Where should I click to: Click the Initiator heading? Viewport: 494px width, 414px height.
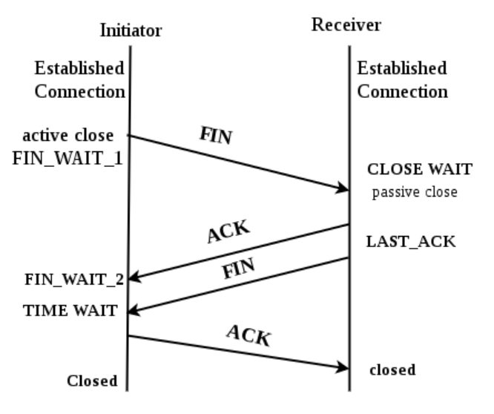click(x=131, y=30)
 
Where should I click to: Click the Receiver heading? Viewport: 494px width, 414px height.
click(x=346, y=24)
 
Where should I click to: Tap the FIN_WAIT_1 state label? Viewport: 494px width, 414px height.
click(x=67, y=159)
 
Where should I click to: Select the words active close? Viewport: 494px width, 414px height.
click(x=68, y=136)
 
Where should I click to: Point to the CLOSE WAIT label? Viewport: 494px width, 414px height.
click(x=420, y=169)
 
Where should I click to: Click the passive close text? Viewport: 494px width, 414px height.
click(x=415, y=192)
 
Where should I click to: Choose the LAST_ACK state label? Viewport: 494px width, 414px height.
click(x=411, y=242)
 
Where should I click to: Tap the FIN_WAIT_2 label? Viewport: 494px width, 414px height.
click(x=74, y=280)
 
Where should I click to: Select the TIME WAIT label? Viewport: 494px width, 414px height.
click(x=70, y=311)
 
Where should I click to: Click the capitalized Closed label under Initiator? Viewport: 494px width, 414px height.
click(x=92, y=381)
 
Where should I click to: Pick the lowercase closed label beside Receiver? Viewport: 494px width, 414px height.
click(x=392, y=370)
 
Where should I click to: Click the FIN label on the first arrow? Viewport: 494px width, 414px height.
click(x=216, y=136)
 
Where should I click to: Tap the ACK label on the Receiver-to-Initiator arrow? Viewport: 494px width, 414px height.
click(x=228, y=231)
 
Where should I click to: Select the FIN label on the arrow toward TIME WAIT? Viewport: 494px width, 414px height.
click(x=238, y=268)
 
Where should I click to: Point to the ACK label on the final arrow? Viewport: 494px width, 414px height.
click(x=249, y=336)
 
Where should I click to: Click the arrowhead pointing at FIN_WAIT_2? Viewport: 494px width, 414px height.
click(x=134, y=277)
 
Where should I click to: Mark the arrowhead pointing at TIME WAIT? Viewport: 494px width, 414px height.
click(x=134, y=310)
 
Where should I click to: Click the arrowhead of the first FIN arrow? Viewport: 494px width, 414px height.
click(x=342, y=188)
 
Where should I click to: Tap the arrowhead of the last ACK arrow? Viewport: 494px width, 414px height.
click(x=343, y=367)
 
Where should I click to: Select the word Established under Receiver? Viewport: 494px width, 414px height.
click(x=402, y=68)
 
